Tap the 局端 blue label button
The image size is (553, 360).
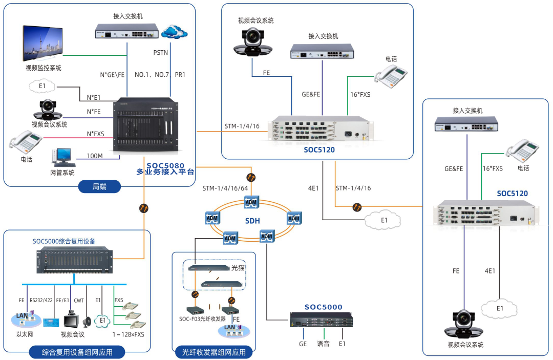(99, 187)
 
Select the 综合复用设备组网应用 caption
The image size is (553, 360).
(84, 352)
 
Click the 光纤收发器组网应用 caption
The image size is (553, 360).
(214, 352)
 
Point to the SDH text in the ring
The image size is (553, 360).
(252, 221)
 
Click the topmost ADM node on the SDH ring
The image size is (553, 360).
(251, 202)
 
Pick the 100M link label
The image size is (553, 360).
(95, 156)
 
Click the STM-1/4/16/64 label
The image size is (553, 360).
(225, 188)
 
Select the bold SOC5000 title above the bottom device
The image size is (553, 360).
(323, 307)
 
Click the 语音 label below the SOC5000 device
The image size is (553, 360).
(323, 344)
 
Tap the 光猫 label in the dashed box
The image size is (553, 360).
(238, 268)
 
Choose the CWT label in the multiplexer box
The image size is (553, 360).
(79, 301)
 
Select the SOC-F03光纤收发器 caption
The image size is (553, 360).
(202, 319)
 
